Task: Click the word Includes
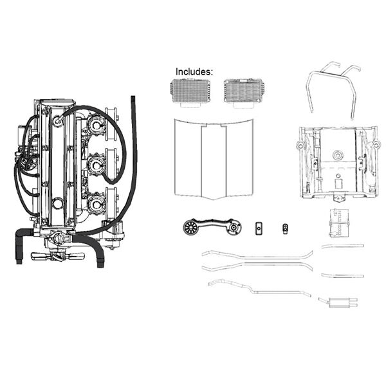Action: pyautogui.click(x=194, y=71)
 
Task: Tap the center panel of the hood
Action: pyautogui.click(x=214, y=161)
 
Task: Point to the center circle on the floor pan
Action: pyautogui.click(x=338, y=155)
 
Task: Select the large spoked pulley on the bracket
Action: pyautogui.click(x=190, y=227)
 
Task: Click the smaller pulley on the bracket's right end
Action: pyautogui.click(x=233, y=228)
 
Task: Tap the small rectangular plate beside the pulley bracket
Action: pyautogui.click(x=259, y=228)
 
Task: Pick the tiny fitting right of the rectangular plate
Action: pyautogui.click(x=285, y=228)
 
